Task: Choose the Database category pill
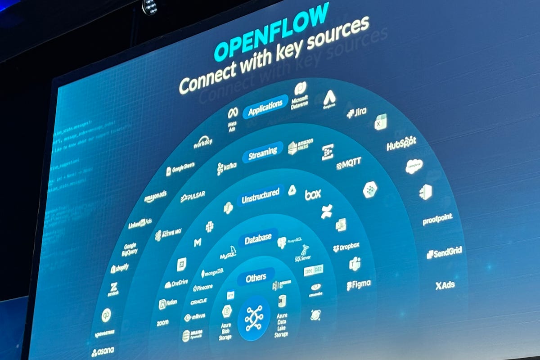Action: pyautogui.click(x=258, y=238)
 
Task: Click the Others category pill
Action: pyautogui.click(x=256, y=278)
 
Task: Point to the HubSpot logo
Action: pyautogui.click(x=401, y=144)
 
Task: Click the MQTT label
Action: pyautogui.click(x=349, y=163)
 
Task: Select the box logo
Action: pyautogui.click(x=313, y=194)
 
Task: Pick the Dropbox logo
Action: pyautogui.click(x=346, y=247)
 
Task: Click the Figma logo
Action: pyautogui.click(x=359, y=285)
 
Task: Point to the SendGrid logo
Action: pyautogui.click(x=444, y=253)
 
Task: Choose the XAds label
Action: pyautogui.click(x=445, y=285)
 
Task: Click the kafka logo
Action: pyautogui.click(x=226, y=168)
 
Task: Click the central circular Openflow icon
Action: pyautogui.click(x=254, y=318)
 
